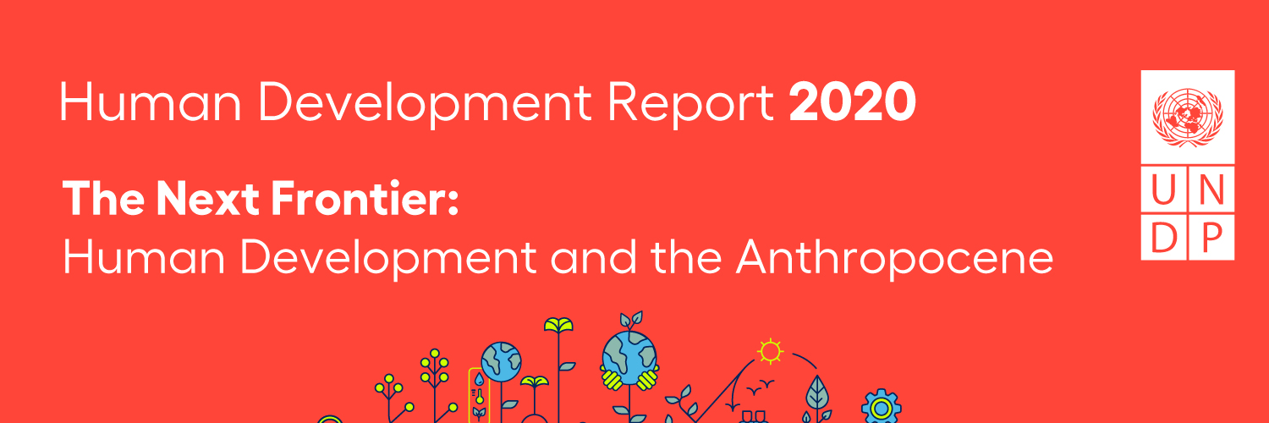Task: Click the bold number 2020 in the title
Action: click(x=852, y=102)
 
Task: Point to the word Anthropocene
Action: click(x=894, y=255)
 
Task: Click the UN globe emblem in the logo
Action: click(x=1187, y=118)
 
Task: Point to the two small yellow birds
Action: click(x=757, y=384)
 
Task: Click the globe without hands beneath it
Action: click(x=502, y=361)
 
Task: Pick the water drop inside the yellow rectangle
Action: click(x=480, y=378)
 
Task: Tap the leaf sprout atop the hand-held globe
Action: click(x=630, y=321)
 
